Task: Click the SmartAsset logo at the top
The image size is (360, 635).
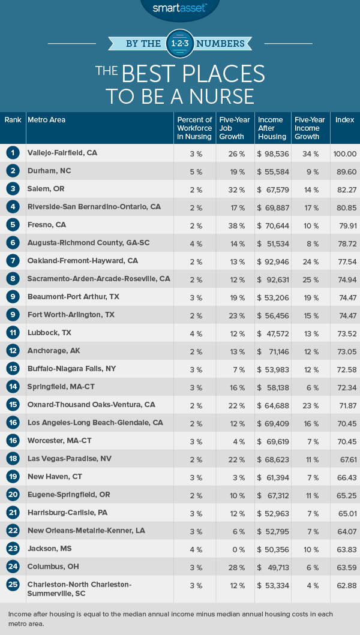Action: tap(179, 8)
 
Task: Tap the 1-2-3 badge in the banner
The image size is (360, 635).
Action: tap(180, 43)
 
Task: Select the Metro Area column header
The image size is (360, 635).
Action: tap(47, 120)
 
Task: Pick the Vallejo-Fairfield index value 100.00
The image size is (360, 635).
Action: tap(344, 154)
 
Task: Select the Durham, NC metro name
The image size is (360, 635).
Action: tap(49, 171)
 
